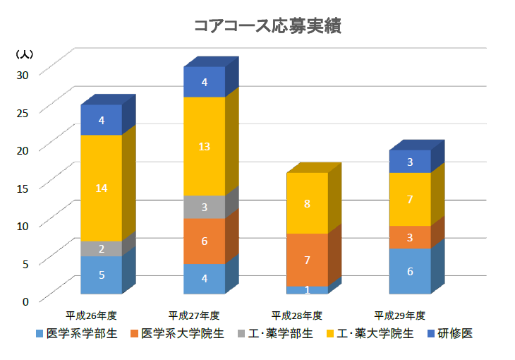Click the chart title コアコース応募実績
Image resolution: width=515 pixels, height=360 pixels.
[x=267, y=26]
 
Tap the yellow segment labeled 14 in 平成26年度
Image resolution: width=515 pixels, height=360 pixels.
[x=102, y=188]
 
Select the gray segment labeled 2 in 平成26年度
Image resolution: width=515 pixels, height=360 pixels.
[x=102, y=248]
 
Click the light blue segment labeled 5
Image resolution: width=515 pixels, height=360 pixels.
[x=102, y=275]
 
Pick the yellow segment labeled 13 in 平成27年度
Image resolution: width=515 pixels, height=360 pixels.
[x=204, y=146]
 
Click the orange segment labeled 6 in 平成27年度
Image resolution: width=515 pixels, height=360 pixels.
[x=204, y=241]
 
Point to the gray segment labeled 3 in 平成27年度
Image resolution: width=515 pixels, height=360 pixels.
[x=204, y=207]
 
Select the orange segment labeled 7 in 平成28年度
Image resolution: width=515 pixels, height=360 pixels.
[x=307, y=260]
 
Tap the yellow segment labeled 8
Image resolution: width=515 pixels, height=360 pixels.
[x=307, y=203]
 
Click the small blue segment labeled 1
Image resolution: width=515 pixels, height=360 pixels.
[x=307, y=289]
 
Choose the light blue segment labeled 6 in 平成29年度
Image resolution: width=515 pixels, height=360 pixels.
[x=410, y=270]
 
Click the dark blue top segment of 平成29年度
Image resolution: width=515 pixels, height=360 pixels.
[x=410, y=162]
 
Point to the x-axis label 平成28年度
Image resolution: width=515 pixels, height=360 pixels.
[x=297, y=315]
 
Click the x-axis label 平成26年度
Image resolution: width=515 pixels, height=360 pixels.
[x=91, y=315]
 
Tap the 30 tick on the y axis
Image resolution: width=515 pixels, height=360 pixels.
[x=25, y=74]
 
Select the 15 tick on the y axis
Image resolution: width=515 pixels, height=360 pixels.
[x=25, y=187]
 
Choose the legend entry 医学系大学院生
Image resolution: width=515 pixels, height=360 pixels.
[x=176, y=333]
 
